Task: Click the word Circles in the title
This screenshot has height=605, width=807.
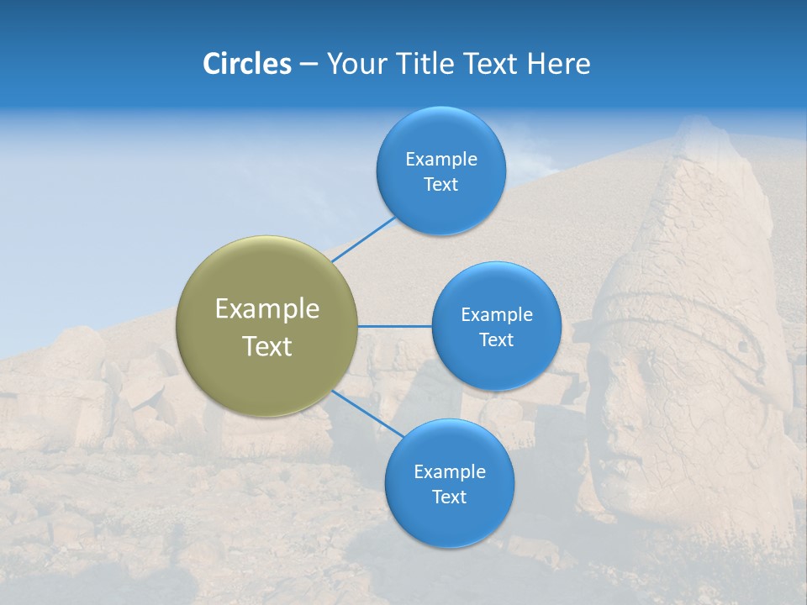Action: click(246, 64)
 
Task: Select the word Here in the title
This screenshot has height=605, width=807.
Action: click(558, 64)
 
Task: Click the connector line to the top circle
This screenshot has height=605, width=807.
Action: click(363, 239)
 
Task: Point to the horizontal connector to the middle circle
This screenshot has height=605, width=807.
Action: click(394, 326)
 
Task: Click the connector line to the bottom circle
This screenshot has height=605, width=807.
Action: click(368, 413)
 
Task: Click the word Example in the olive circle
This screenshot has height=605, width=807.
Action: click(266, 308)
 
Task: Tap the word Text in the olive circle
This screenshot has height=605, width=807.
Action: click(266, 346)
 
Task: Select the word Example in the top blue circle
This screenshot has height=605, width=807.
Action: click(440, 159)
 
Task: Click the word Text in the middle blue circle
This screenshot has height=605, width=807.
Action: click(496, 339)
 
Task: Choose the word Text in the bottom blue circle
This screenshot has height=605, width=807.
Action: click(449, 497)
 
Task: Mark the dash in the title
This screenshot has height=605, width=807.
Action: click(308, 65)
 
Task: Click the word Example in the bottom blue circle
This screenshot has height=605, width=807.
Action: click(449, 471)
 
